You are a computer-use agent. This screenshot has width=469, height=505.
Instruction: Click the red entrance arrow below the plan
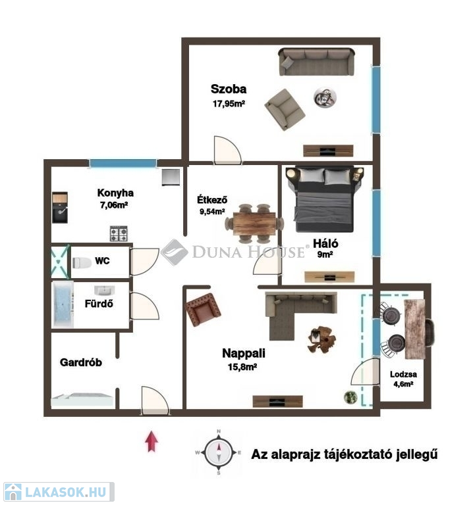152,441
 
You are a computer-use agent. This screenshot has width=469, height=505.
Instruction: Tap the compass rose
219,452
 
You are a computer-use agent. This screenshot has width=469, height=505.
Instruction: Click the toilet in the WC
82,263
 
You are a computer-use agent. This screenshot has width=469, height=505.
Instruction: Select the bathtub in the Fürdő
63,304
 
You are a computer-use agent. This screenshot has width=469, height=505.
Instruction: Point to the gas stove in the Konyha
119,233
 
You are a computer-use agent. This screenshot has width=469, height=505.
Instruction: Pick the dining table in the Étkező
254,224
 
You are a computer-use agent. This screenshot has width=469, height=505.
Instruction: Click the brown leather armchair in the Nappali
204,310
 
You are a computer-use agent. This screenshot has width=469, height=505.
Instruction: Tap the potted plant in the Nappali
350,397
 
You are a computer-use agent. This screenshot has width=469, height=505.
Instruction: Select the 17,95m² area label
229,104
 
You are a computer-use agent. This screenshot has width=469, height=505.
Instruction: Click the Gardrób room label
81,362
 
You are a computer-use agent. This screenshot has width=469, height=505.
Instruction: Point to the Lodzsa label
403,374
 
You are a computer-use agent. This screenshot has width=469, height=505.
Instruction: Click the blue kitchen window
123,163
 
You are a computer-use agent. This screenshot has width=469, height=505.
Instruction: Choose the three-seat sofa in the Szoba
316,62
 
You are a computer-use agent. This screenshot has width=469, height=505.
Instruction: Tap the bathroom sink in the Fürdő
105,291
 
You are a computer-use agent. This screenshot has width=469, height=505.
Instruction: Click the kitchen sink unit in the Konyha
60,208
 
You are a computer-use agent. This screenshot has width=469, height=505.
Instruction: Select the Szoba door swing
228,150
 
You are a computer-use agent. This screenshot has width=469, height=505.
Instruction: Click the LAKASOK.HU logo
59,492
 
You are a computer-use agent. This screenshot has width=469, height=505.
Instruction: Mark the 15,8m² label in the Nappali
242,367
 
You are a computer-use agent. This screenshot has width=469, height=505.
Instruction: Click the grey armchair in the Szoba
285,110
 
